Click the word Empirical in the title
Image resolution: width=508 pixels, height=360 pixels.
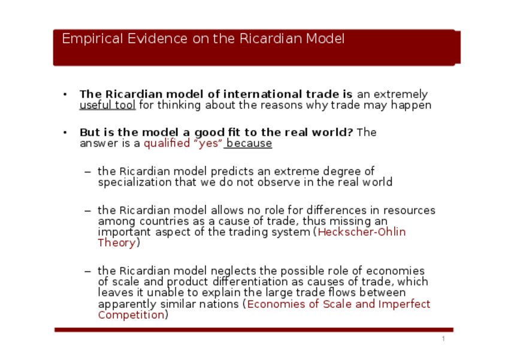(92, 39)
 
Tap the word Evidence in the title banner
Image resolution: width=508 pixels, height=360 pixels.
(158, 38)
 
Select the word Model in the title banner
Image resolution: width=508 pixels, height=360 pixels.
(325, 38)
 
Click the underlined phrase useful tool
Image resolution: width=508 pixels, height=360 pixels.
(108, 105)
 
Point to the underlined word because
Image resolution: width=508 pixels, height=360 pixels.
(249, 143)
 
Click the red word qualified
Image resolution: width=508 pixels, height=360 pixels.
(167, 143)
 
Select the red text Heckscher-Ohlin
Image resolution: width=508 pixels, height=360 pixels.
(362, 232)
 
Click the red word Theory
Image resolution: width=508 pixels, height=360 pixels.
(117, 243)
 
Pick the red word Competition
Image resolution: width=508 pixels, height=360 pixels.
(131, 315)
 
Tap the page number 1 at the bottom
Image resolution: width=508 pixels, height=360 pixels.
(443, 339)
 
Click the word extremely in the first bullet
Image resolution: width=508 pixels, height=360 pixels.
(400, 94)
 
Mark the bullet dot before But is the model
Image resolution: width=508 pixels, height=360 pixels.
(65, 132)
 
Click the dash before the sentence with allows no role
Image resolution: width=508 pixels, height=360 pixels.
(87, 211)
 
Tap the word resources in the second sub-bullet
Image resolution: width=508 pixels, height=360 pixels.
(409, 210)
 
